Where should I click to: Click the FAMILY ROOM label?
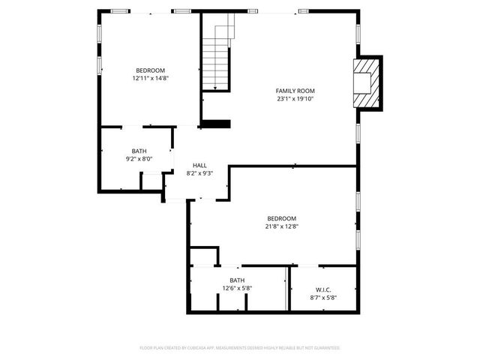294,90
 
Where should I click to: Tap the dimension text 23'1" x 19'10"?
294,98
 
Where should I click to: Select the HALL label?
199,165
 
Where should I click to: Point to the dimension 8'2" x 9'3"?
199,173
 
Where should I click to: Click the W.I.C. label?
323,289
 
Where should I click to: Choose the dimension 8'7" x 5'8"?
323,298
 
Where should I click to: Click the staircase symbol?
215,56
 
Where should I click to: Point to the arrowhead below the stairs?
215,89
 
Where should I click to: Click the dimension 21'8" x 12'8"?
282,226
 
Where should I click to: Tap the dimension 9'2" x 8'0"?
139,158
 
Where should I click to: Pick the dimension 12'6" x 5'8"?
237,288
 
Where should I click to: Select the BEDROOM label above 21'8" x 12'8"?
282,218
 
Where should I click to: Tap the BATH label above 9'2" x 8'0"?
139,150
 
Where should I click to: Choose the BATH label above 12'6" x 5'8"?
237,280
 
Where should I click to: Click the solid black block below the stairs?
217,124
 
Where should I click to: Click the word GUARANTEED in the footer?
324,348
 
